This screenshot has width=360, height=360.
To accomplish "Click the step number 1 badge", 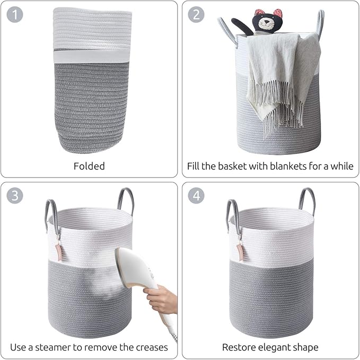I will (x=15, y=14).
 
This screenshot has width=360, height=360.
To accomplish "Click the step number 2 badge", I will (x=196, y=14).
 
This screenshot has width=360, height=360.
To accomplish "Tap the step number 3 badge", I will (x=15, y=196).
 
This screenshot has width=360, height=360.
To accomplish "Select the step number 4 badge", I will (x=196, y=196).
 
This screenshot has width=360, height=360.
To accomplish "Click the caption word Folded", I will (x=89, y=166).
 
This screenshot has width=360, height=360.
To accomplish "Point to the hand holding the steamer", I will (x=161, y=300).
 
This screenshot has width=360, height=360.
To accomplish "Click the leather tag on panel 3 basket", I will (x=58, y=252).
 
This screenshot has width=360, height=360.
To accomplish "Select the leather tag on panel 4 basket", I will (x=240, y=252).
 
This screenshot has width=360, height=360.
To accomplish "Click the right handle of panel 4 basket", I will (x=307, y=199).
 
